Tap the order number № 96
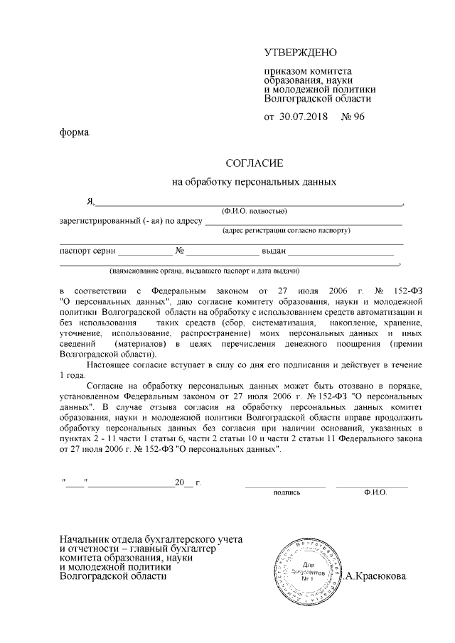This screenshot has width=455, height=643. tap(353, 117)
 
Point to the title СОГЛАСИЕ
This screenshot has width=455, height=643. tap(254, 163)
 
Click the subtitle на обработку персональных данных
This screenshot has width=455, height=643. tap(254, 182)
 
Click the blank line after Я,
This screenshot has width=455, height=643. tap(249, 203)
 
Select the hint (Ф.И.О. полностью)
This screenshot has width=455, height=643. tap(254, 211)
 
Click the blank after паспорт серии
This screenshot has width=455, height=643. tap(145, 253)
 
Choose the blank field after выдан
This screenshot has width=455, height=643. tap(341, 253)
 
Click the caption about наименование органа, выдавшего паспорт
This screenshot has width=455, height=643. tap(203, 271)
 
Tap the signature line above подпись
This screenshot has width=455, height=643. tap(285, 486)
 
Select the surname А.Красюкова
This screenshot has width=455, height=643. tap(375, 576)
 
